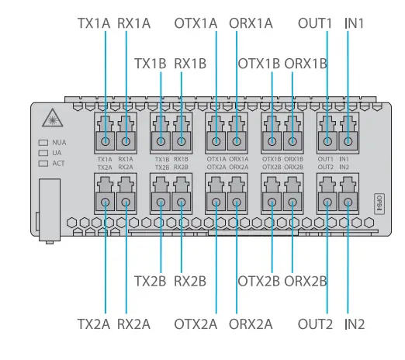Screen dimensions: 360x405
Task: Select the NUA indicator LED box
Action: pyautogui.click(x=43, y=143)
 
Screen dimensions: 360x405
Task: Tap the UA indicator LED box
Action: pyautogui.click(x=43, y=154)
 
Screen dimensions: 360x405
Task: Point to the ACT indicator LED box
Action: pyautogui.click(x=43, y=164)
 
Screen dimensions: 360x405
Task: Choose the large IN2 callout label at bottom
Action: pyautogui.click(x=354, y=322)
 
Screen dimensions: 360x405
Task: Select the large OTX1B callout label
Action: pyautogui.click(x=259, y=62)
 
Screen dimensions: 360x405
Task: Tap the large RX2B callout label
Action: pyautogui.click(x=190, y=279)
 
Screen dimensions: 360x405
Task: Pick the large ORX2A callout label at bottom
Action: pyautogui.click(x=251, y=322)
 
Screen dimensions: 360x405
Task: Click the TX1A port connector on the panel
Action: pyautogui.click(x=105, y=141)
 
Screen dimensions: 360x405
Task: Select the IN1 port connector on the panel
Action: pyautogui.click(x=349, y=141)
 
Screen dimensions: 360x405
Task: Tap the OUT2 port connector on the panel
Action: pyautogui.click(x=327, y=202)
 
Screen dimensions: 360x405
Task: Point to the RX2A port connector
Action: pyautogui.click(x=126, y=202)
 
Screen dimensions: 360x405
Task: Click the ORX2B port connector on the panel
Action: pyautogui.click(x=293, y=202)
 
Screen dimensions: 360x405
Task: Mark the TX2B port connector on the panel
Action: pyautogui.click(x=161, y=202)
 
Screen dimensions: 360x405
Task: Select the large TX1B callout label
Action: pyautogui.click(x=151, y=62)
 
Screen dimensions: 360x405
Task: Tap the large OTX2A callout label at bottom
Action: pyautogui.click(x=196, y=322)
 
